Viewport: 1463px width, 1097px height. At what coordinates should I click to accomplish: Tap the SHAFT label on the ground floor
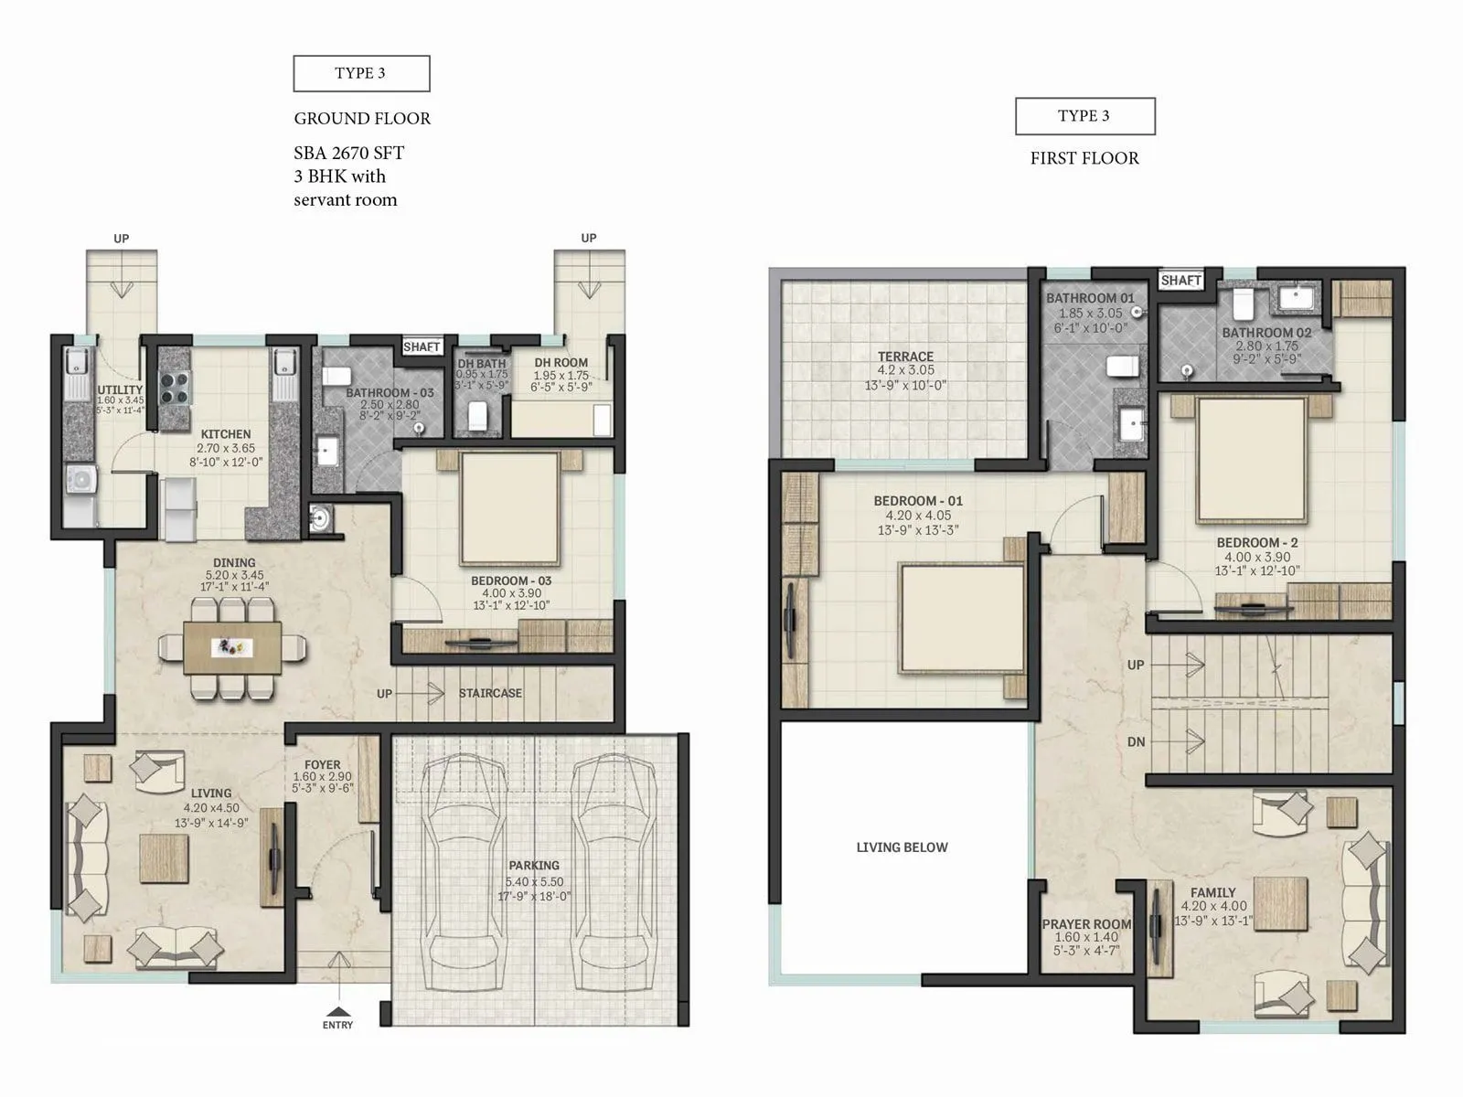[422, 346]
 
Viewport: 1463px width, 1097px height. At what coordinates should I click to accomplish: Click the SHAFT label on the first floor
[1180, 281]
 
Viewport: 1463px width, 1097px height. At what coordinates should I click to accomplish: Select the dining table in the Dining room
[232, 647]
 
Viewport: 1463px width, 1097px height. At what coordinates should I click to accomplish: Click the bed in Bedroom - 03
[509, 508]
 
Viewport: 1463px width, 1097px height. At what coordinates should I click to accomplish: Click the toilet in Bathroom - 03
[337, 376]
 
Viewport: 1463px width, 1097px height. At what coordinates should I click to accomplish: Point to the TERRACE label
[905, 357]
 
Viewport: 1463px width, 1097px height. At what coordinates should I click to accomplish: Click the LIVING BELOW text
[902, 847]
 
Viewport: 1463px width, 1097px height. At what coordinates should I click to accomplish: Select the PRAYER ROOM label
[1086, 924]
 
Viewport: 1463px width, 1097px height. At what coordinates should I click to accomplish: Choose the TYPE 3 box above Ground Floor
[361, 73]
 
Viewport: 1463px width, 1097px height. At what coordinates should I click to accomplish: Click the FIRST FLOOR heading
[1084, 158]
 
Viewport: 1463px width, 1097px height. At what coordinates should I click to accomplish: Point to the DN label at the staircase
[1136, 742]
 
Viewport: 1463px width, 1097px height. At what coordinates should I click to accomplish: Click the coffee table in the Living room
[165, 859]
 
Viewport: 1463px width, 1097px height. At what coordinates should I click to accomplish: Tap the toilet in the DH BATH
[478, 416]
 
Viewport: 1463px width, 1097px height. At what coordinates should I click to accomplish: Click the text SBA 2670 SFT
[348, 153]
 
